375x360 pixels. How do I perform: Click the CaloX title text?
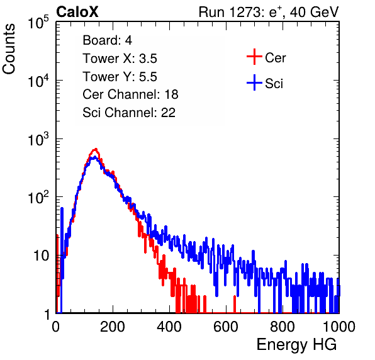77,12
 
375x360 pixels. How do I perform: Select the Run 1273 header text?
269,12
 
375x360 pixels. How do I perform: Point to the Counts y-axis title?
9,49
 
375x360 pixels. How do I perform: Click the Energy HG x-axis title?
296,345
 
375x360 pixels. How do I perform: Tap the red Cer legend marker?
254,57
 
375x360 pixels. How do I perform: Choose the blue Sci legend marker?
254,83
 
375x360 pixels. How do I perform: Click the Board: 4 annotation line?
107,40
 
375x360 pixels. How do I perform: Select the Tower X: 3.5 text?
120,59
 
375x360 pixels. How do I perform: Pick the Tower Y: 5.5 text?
120,77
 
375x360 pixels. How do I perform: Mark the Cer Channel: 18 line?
130,94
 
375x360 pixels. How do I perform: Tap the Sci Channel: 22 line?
129,113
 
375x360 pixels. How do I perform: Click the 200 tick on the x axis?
113,327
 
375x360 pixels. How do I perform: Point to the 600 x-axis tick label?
226,327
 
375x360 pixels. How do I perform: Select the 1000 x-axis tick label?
339,327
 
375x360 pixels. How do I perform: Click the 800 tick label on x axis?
283,327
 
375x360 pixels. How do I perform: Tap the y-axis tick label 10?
41,256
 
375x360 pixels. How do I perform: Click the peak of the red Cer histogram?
96,149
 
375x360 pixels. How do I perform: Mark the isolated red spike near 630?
235,304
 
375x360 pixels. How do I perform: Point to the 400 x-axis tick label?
169,327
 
